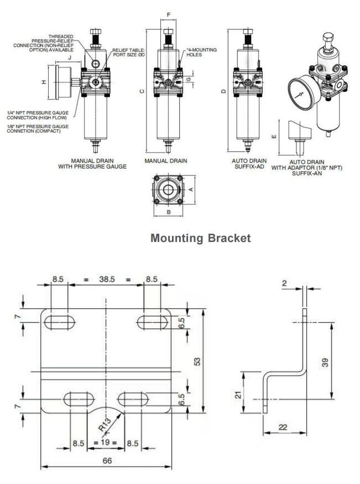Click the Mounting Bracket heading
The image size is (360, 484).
point(201,238)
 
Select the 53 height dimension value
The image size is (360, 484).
point(197,361)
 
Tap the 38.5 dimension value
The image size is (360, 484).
point(106,280)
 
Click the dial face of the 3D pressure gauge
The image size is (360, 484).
point(301,94)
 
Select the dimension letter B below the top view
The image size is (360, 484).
point(169,212)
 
